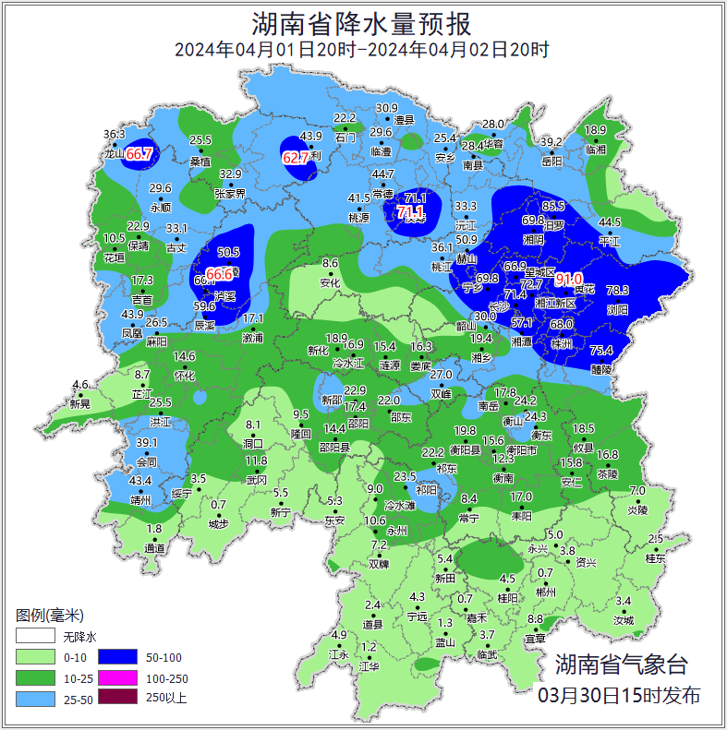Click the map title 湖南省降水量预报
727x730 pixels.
[362, 22]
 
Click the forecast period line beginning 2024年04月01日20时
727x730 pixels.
[362, 50]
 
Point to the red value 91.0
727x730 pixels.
[569, 279]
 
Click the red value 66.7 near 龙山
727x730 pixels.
[139, 153]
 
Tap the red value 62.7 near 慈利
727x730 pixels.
[296, 158]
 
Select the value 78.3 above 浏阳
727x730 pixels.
[616, 291]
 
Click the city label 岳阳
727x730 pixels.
[551, 162]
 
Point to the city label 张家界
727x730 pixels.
[230, 194]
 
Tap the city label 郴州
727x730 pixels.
[546, 592]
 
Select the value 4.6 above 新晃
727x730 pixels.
[80, 385]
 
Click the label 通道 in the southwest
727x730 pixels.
[154, 548]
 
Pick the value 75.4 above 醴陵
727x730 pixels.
[601, 350]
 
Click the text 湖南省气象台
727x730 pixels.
[621, 664]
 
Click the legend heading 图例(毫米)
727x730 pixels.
[50, 615]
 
